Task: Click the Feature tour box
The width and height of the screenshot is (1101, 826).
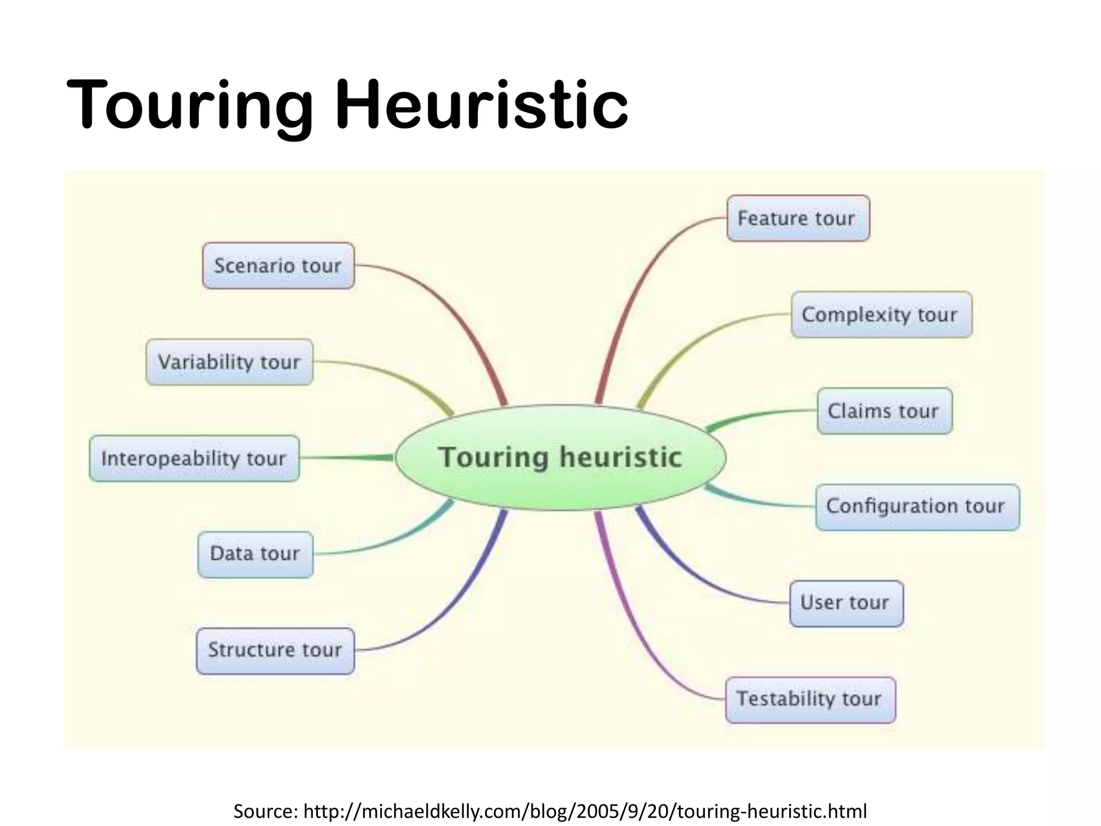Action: [798, 218]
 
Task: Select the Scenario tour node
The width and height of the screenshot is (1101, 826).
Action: [278, 266]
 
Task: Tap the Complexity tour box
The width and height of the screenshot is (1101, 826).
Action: [881, 315]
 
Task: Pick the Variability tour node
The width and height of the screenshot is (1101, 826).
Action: [229, 362]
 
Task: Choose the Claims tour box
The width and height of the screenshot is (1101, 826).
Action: [884, 411]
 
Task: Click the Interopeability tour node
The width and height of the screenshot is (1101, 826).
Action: [194, 458]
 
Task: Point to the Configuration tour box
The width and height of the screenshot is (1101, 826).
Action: [917, 507]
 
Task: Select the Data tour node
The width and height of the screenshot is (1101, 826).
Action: [255, 554]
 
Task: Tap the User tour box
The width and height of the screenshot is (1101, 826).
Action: [846, 603]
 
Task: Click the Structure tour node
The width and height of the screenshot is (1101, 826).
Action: [275, 650]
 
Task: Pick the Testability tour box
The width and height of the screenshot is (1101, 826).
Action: [810, 699]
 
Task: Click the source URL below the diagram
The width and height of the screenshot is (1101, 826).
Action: [585, 811]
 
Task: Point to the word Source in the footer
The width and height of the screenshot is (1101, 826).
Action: [265, 811]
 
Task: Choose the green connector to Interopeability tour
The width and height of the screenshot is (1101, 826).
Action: [349, 458]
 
